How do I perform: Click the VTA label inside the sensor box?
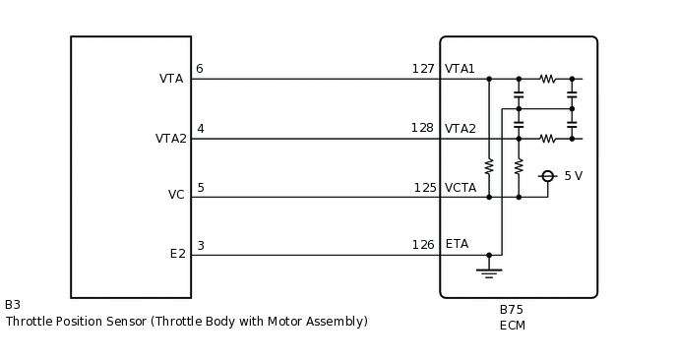(x=171, y=79)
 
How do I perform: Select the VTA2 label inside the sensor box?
(x=170, y=139)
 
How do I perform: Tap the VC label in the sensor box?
(x=176, y=195)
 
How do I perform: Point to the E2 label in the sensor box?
(x=177, y=254)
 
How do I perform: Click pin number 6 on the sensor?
(x=200, y=69)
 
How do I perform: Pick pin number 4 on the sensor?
(x=201, y=129)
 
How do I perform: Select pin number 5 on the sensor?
(x=201, y=188)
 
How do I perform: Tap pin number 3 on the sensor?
(x=201, y=246)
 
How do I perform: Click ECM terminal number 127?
(x=423, y=69)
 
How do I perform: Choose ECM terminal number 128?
(x=422, y=128)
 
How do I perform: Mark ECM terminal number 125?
(x=424, y=188)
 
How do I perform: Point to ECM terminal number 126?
(x=423, y=245)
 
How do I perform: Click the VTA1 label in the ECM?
(x=460, y=69)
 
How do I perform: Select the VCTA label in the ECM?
(x=461, y=188)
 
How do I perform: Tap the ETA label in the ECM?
(x=457, y=244)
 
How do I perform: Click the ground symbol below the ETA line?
(x=488, y=270)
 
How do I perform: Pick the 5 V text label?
(x=573, y=176)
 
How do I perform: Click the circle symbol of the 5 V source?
(x=548, y=176)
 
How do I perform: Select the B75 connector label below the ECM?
(x=512, y=310)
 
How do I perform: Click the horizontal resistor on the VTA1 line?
(x=547, y=79)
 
